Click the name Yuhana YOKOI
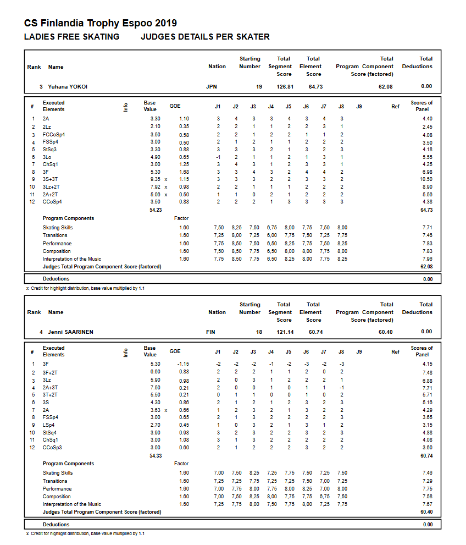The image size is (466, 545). (x=67, y=87)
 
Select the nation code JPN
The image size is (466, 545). (x=211, y=87)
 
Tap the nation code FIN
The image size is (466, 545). (x=210, y=332)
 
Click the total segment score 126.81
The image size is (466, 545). (x=285, y=87)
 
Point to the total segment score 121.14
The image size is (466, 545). (x=285, y=332)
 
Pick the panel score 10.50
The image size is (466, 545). (x=426, y=179)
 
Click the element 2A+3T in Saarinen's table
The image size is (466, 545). (x=51, y=388)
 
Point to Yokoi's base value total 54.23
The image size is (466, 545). (x=156, y=210)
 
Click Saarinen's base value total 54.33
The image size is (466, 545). (x=156, y=455)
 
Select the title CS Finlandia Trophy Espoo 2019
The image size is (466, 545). (x=101, y=23)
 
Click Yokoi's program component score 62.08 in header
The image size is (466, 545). (x=386, y=87)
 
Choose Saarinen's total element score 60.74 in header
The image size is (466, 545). (x=315, y=332)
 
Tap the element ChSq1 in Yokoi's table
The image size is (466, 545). (x=50, y=164)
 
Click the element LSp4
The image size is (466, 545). (x=49, y=425)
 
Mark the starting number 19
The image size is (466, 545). (x=259, y=87)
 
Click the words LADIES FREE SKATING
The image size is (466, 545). (x=72, y=37)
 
